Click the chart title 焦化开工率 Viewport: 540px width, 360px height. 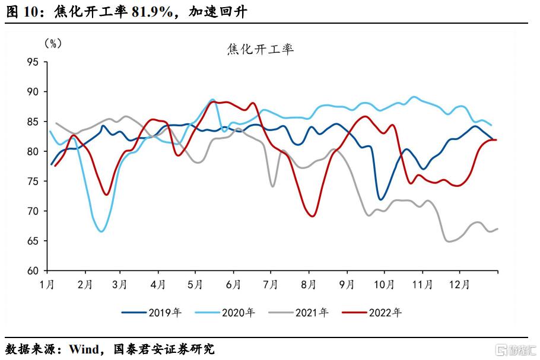pos(260,49)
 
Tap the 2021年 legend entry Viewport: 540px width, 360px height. pos(306,312)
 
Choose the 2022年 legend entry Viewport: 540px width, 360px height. pos(381,312)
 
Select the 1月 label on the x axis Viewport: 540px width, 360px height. pos(47,284)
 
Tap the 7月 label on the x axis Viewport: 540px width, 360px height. pos(271,284)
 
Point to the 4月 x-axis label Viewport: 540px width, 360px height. pos(158,284)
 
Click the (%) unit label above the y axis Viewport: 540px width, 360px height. pos(53,43)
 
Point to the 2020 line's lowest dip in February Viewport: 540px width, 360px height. pos(101,231)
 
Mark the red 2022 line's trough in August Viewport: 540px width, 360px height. pos(312,216)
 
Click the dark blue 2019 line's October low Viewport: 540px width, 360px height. pos(381,199)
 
